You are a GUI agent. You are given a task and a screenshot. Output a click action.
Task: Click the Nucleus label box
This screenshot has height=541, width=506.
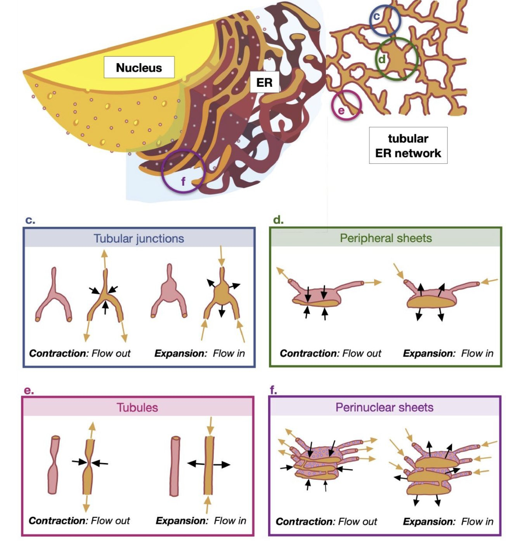139,67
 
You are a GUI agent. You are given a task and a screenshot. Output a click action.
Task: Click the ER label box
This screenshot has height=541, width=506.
264,82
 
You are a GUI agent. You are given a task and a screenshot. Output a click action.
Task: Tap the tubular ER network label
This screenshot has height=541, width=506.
408,146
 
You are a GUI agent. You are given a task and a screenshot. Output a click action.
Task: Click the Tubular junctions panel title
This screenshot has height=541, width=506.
139,238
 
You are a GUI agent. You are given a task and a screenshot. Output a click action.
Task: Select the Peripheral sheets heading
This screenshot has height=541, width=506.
386,238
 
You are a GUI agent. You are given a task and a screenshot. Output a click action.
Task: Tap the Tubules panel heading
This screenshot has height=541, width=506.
137,407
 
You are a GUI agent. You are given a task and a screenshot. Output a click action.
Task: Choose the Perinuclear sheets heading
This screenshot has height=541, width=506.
384,407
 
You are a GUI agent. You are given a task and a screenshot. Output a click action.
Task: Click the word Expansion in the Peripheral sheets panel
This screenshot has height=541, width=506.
429,353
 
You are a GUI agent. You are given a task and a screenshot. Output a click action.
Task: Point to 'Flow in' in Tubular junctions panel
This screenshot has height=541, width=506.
229,353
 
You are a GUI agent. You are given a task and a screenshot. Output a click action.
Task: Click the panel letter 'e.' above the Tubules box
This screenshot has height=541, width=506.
29,390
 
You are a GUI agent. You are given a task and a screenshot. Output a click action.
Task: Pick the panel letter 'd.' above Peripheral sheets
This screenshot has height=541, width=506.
278,220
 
